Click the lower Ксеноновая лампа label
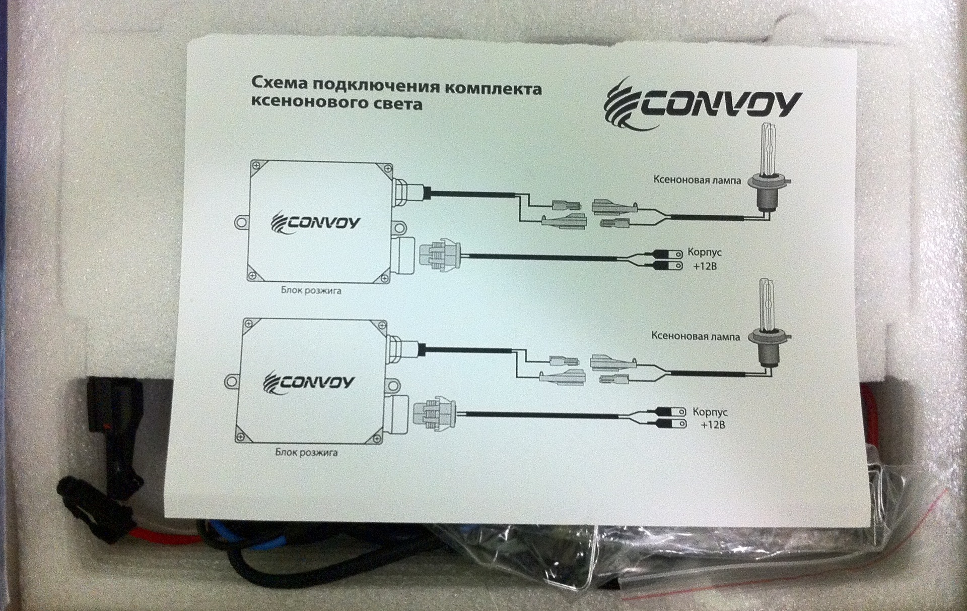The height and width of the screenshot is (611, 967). click(x=696, y=335)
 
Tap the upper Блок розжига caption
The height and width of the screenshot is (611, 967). click(x=311, y=290)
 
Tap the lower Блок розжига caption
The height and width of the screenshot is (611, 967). click(x=306, y=452)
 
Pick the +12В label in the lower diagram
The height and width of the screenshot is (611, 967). click(x=713, y=425)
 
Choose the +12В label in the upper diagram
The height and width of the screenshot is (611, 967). click(x=704, y=266)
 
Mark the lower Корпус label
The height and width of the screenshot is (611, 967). click(x=710, y=412)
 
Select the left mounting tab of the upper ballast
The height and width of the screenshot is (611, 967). click(x=242, y=222)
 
